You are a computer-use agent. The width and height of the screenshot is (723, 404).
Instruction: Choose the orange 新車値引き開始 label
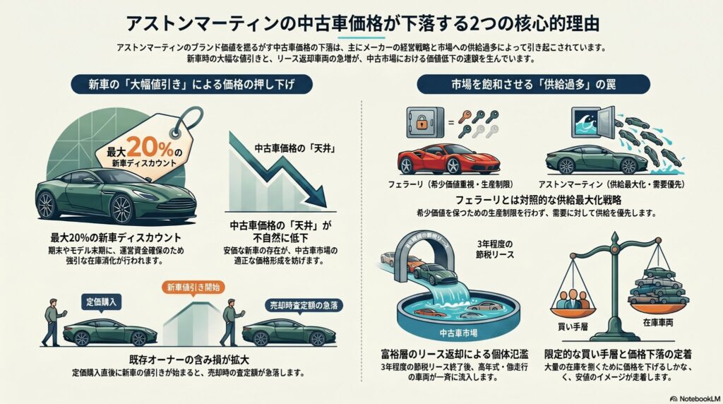coord(193,288)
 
